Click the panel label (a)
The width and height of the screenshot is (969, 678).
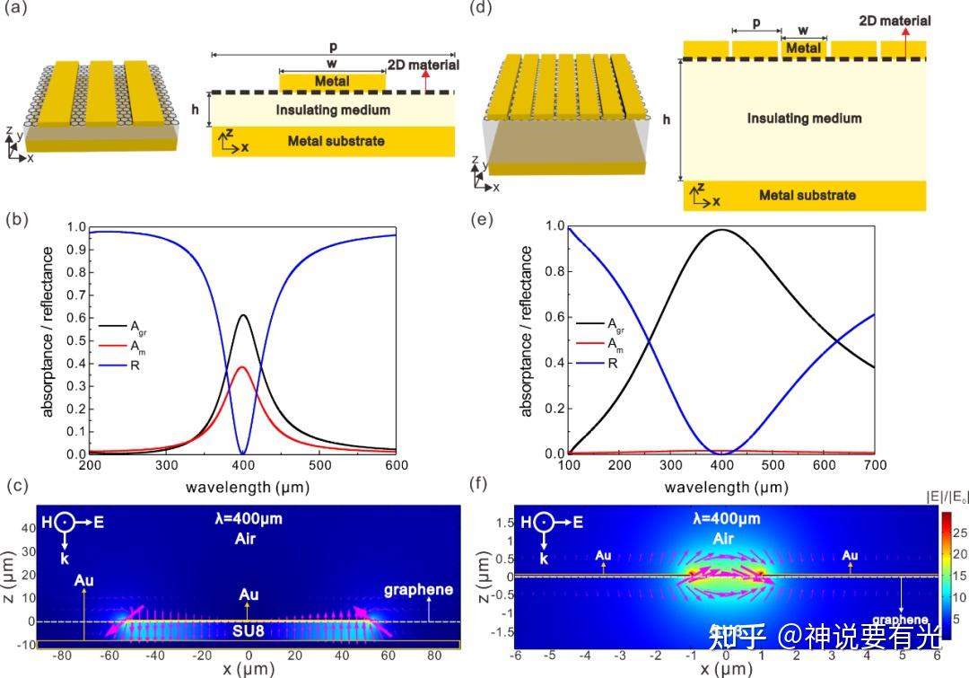pyautogui.click(x=15, y=11)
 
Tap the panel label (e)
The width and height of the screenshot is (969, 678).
pyautogui.click(x=484, y=218)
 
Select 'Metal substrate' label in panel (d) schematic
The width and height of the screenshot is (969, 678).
pyautogui.click(x=807, y=196)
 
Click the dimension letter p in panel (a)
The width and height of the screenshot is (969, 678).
pyautogui.click(x=334, y=44)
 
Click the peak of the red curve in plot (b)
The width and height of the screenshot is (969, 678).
pyautogui.click(x=241, y=366)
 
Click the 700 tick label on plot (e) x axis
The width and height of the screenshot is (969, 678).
pyautogui.click(x=875, y=466)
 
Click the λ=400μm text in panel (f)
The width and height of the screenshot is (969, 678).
pyautogui.click(x=727, y=519)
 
